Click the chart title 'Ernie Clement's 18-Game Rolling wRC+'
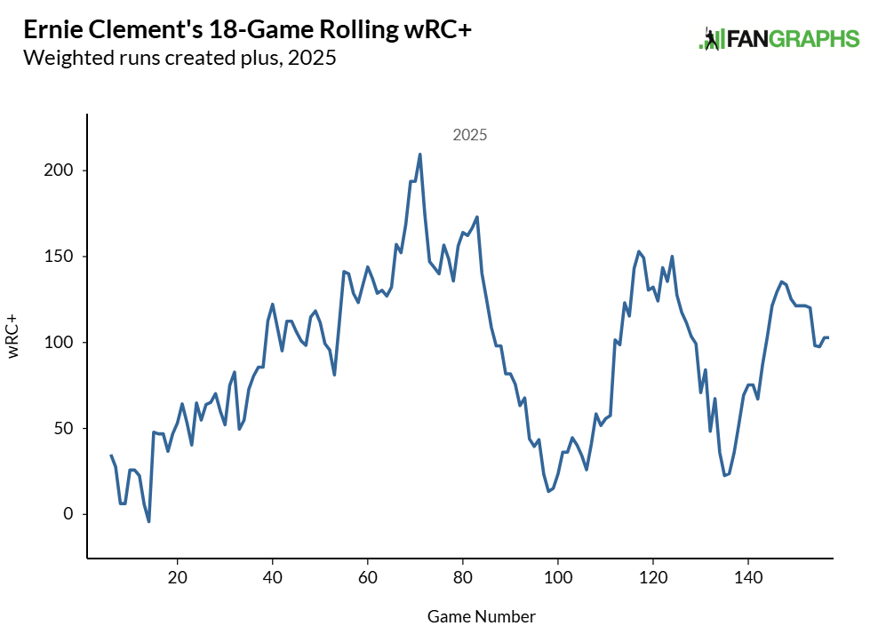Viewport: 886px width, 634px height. tap(247, 30)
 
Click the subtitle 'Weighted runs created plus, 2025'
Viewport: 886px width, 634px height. tap(180, 59)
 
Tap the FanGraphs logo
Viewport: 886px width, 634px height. tap(779, 38)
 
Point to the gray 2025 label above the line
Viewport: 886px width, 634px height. tap(470, 136)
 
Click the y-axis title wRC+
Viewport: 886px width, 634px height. tap(14, 336)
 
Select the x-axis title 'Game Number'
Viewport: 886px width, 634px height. tap(482, 616)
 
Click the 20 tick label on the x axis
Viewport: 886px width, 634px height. tap(178, 577)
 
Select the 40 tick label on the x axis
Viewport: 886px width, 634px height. tap(273, 577)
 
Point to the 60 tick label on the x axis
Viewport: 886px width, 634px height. tap(368, 577)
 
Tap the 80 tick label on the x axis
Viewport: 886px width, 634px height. tap(463, 577)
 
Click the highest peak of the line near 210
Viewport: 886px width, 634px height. tap(419, 155)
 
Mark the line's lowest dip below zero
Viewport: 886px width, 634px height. tap(148, 521)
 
